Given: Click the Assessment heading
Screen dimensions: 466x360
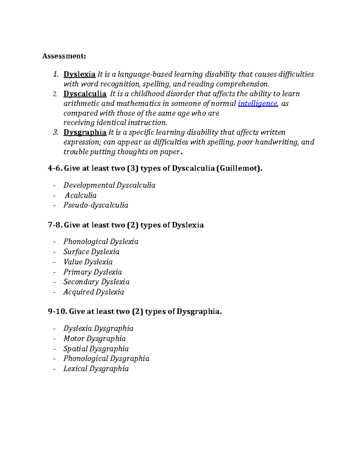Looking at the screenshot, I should pos(64,56).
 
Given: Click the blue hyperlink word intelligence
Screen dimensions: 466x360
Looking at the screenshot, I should pos(257,104).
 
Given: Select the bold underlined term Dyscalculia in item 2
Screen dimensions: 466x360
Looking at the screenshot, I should pos(85,94).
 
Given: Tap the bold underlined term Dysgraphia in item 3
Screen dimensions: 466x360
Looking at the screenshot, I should pos(85,132).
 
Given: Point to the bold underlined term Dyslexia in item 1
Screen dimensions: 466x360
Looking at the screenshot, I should pos(79,74).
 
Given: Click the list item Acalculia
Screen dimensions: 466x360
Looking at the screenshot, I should pos(81,195).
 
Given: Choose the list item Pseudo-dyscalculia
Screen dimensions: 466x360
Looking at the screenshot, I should pos(96,205).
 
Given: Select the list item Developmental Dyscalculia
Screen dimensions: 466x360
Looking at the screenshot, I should pos(109,185).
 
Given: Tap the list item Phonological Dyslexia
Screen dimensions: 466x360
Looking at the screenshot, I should pos(101,242).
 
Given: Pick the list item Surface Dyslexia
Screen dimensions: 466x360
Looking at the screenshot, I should pos(91,252).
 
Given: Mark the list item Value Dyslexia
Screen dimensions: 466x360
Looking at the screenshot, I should pos(88,262).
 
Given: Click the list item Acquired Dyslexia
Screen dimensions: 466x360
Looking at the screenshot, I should pos(94,292).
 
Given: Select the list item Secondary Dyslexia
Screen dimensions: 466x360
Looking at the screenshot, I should pos(96,282).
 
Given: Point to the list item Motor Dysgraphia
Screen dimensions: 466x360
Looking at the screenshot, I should pos(94,338).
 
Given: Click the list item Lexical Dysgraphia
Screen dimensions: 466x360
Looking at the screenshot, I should pos(96,369).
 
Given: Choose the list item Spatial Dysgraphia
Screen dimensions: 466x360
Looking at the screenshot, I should pos(96,349).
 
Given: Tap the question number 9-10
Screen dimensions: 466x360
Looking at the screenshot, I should pos(57,312).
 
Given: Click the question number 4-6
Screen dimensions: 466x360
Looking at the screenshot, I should pos(55,169).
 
